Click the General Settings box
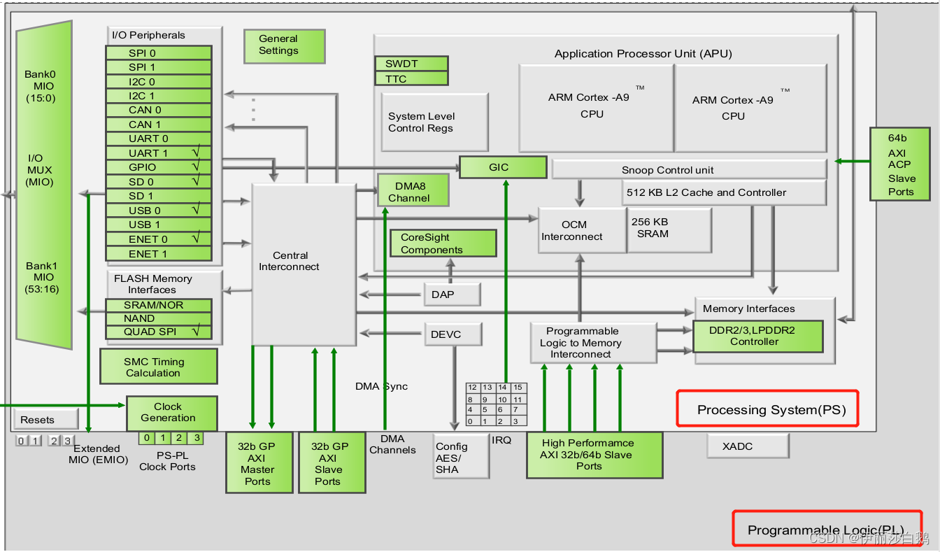pos(284,46)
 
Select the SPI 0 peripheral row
pos(158,53)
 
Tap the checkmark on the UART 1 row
pos(197,153)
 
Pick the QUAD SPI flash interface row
pos(158,332)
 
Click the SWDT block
pos(411,64)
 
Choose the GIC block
pos(502,168)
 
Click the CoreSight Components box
pos(443,243)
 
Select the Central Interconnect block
pos(303,264)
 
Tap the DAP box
pos(452,295)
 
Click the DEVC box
pos(453,334)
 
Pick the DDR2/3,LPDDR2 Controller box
pos(757,337)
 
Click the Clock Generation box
pos(171,413)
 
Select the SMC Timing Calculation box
pos(158,367)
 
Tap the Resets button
pos(45,420)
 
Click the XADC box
pos(747,446)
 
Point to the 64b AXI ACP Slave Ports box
pos(899,164)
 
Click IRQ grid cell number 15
pos(518,388)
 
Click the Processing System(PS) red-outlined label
pos(767,409)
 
